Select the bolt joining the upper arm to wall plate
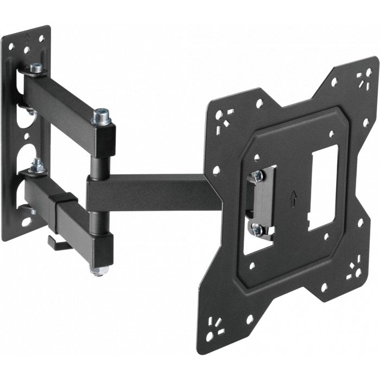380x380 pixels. pyautogui.click(x=37, y=68)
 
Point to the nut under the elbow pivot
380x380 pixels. pyautogui.click(x=98, y=270)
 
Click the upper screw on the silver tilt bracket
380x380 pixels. pyautogui.click(x=257, y=176)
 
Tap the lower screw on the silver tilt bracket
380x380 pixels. pyautogui.click(x=256, y=230)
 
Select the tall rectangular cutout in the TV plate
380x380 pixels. pyautogui.click(x=323, y=185)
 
